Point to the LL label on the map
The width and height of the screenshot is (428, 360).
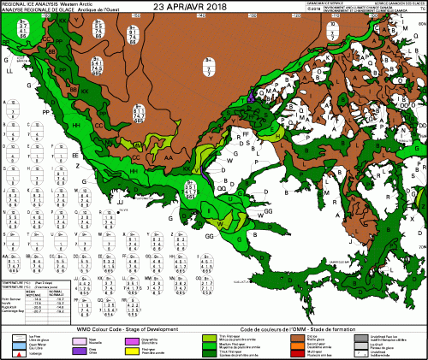(9, 74)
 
